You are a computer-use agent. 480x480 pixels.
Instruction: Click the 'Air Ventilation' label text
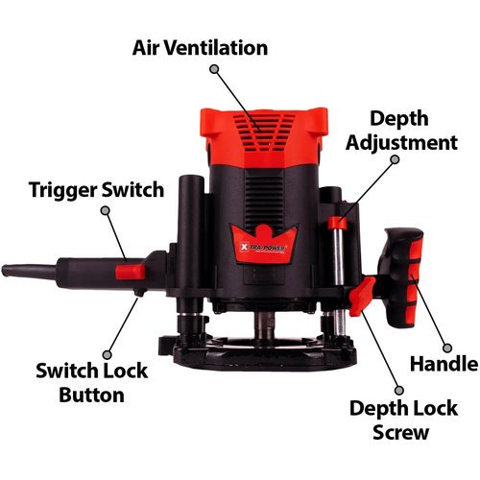click(x=200, y=48)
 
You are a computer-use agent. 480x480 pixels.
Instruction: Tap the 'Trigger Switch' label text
click(x=96, y=189)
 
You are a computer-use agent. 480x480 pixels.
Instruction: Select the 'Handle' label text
click(x=444, y=364)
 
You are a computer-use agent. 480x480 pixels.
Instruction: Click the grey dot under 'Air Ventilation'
click(x=214, y=69)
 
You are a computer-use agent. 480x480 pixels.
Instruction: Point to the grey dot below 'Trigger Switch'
click(x=106, y=210)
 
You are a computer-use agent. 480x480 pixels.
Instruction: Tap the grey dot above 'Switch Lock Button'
click(x=108, y=354)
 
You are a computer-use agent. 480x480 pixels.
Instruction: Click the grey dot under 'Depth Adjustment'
click(x=396, y=159)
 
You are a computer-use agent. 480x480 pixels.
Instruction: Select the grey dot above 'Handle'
click(x=447, y=348)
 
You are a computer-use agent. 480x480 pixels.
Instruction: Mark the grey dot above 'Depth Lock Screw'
click(x=398, y=390)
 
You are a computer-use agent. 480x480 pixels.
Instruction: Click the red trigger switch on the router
click(x=131, y=272)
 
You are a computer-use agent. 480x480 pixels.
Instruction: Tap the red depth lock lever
click(x=362, y=297)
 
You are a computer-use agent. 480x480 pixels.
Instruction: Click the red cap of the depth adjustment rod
click(x=338, y=223)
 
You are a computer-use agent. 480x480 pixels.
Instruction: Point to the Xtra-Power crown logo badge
click(x=263, y=244)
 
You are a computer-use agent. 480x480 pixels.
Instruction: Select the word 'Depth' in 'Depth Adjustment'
click(x=399, y=119)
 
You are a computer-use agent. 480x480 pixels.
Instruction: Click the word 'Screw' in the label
click(x=400, y=432)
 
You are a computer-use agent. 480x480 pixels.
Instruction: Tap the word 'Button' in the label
click(x=91, y=395)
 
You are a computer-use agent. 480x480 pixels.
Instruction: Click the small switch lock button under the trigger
click(x=139, y=293)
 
